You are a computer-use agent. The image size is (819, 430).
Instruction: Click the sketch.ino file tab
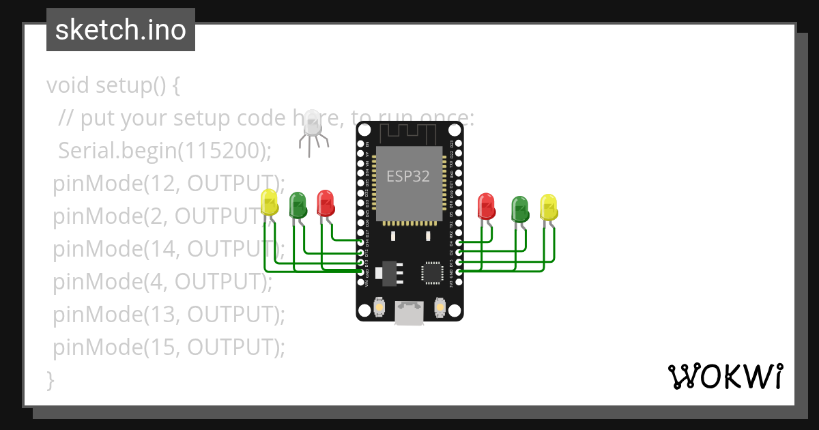tap(120, 30)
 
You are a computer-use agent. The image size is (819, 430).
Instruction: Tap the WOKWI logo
tap(725, 376)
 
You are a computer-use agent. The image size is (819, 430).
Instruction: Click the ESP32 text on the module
tap(408, 176)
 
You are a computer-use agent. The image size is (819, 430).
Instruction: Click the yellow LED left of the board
tap(270, 203)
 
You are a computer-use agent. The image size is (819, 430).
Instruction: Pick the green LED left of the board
tap(298, 205)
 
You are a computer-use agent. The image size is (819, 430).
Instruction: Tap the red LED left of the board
tap(326, 203)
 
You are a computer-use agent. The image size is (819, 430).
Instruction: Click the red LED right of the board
tap(486, 206)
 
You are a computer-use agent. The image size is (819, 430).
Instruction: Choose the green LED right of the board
tap(521, 209)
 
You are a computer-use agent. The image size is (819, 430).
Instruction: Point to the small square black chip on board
tap(431, 272)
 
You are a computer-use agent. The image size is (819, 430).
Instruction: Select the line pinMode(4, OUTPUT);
tap(162, 281)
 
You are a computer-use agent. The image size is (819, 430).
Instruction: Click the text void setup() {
tap(113, 85)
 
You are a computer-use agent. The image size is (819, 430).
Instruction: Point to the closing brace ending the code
tap(50, 379)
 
